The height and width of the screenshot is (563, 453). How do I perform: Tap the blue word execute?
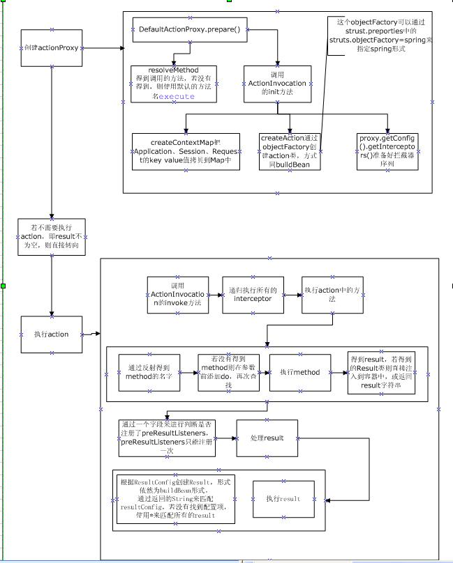(176, 97)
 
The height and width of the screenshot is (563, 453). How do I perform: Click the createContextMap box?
(186, 151)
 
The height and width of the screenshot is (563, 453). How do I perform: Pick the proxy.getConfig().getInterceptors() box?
(387, 151)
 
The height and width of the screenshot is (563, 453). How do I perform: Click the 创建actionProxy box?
(52, 47)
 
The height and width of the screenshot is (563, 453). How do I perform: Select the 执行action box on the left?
(52, 334)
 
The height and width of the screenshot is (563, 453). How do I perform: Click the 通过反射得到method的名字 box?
(149, 373)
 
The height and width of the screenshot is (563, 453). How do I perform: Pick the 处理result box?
(267, 438)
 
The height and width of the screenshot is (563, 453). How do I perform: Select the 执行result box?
(283, 499)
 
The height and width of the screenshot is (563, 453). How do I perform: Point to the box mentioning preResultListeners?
(167, 438)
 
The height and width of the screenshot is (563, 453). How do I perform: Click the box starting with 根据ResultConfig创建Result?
(177, 499)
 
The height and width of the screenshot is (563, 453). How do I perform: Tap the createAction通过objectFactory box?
(290, 151)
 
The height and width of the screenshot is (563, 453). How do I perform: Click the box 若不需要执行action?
(52, 237)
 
